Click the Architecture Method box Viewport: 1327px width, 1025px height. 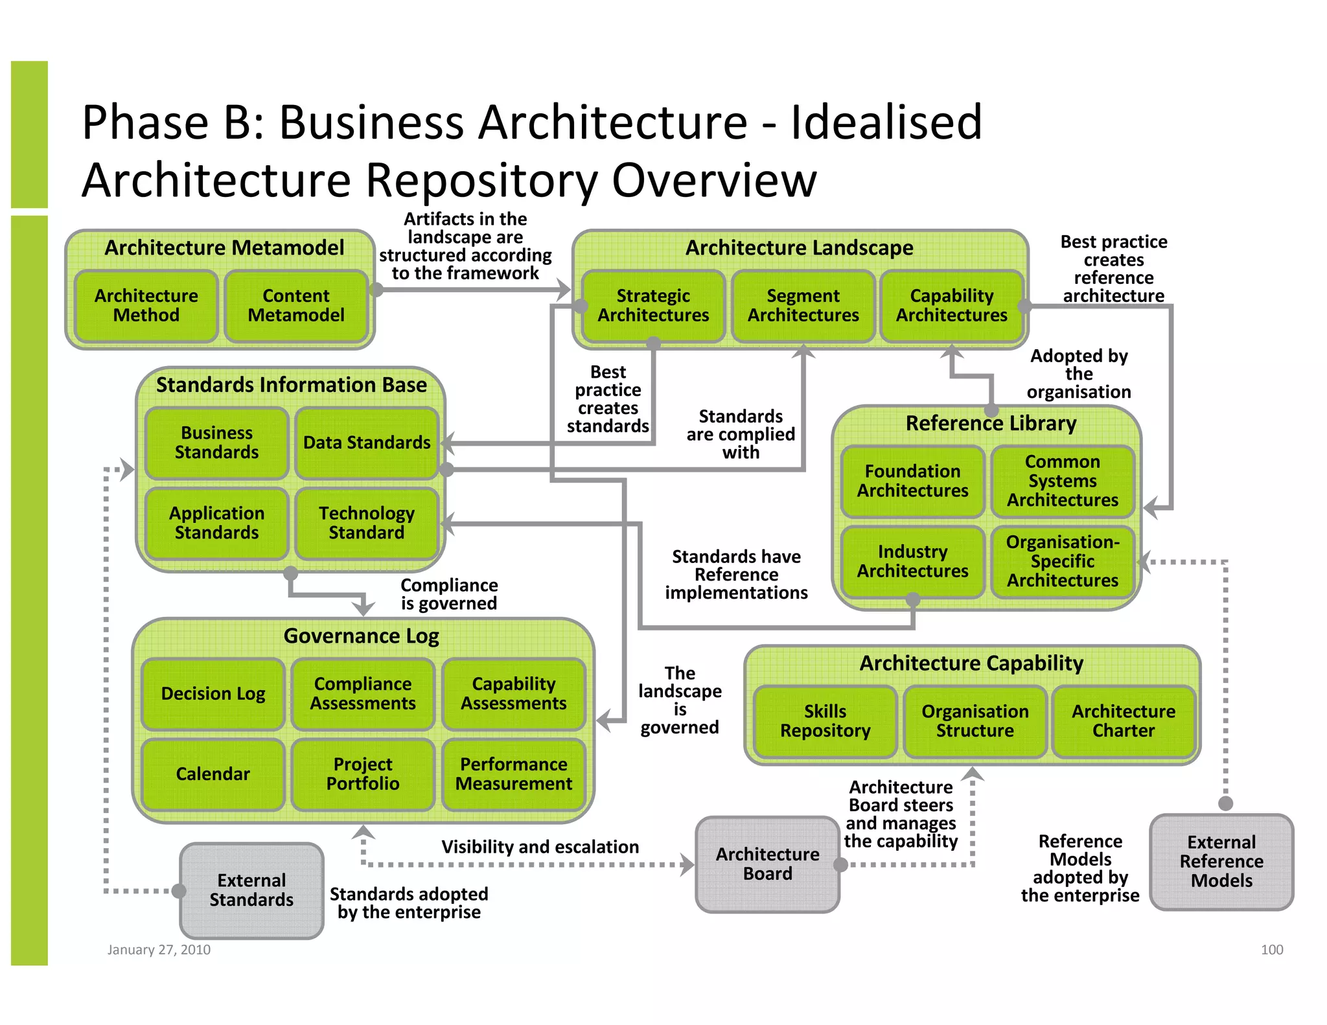tap(146, 306)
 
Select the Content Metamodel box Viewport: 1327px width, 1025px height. tap(296, 306)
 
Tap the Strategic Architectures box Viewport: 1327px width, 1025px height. tap(653, 306)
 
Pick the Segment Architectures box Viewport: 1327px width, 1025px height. tap(803, 306)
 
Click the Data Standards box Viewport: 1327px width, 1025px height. tap(367, 443)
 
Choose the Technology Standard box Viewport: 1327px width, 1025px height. tap(367, 523)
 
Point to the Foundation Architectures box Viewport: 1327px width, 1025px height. tap(912, 481)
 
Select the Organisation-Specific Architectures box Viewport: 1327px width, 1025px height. tap(1063, 561)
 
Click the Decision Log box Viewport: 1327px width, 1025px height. tap(213, 694)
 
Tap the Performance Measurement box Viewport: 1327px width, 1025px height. tap(514, 774)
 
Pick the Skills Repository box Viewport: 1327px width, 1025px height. tap(825, 721)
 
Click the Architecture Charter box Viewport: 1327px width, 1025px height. tap(1124, 721)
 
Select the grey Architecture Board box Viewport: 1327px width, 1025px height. tap(767, 864)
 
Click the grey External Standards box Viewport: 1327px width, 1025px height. tap(251, 890)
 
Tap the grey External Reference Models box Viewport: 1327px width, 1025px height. tap(1221, 862)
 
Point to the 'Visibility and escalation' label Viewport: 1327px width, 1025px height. tap(540, 847)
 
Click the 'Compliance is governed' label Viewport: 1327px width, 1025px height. tap(449, 594)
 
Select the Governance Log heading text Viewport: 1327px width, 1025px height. tap(362, 636)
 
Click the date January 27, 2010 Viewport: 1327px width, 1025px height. tap(159, 950)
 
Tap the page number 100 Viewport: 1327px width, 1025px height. tap(1271, 950)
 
